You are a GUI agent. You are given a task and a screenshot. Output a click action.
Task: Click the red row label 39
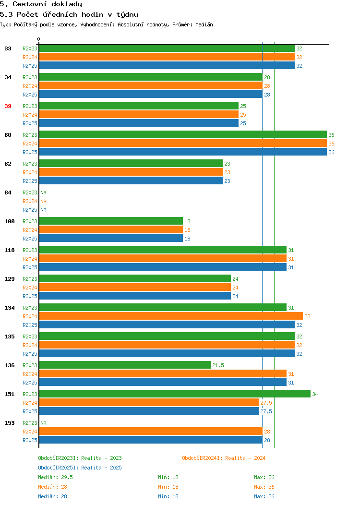click(x=8, y=106)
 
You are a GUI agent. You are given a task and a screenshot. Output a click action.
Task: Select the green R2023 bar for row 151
click(x=175, y=394)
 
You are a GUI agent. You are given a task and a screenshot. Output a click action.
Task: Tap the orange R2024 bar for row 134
click(x=171, y=316)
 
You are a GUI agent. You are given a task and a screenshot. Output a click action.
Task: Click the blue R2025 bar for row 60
click(x=183, y=152)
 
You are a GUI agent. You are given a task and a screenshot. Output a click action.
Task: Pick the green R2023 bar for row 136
click(x=125, y=365)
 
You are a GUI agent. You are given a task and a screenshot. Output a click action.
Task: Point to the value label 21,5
click(x=218, y=365)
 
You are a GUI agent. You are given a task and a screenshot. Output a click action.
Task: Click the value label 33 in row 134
click(x=308, y=316)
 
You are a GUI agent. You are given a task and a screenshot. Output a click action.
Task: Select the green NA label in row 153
click(x=44, y=423)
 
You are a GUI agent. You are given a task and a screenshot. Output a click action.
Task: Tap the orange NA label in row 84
click(x=44, y=201)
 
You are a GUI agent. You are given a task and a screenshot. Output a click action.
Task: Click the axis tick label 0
click(x=39, y=39)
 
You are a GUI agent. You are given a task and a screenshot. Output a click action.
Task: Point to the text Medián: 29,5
click(x=55, y=477)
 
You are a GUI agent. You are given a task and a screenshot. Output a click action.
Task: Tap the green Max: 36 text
click(x=264, y=477)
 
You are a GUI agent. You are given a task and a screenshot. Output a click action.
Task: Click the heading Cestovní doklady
click(x=48, y=4)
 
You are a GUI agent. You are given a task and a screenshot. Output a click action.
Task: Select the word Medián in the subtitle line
click(x=204, y=24)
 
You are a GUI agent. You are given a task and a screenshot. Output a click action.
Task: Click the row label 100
click(x=9, y=222)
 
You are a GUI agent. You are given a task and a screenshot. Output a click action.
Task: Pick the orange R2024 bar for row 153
click(x=151, y=431)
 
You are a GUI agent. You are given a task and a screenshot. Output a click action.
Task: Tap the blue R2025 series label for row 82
click(x=30, y=181)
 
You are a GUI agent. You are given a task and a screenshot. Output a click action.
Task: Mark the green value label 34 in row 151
click(x=315, y=394)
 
